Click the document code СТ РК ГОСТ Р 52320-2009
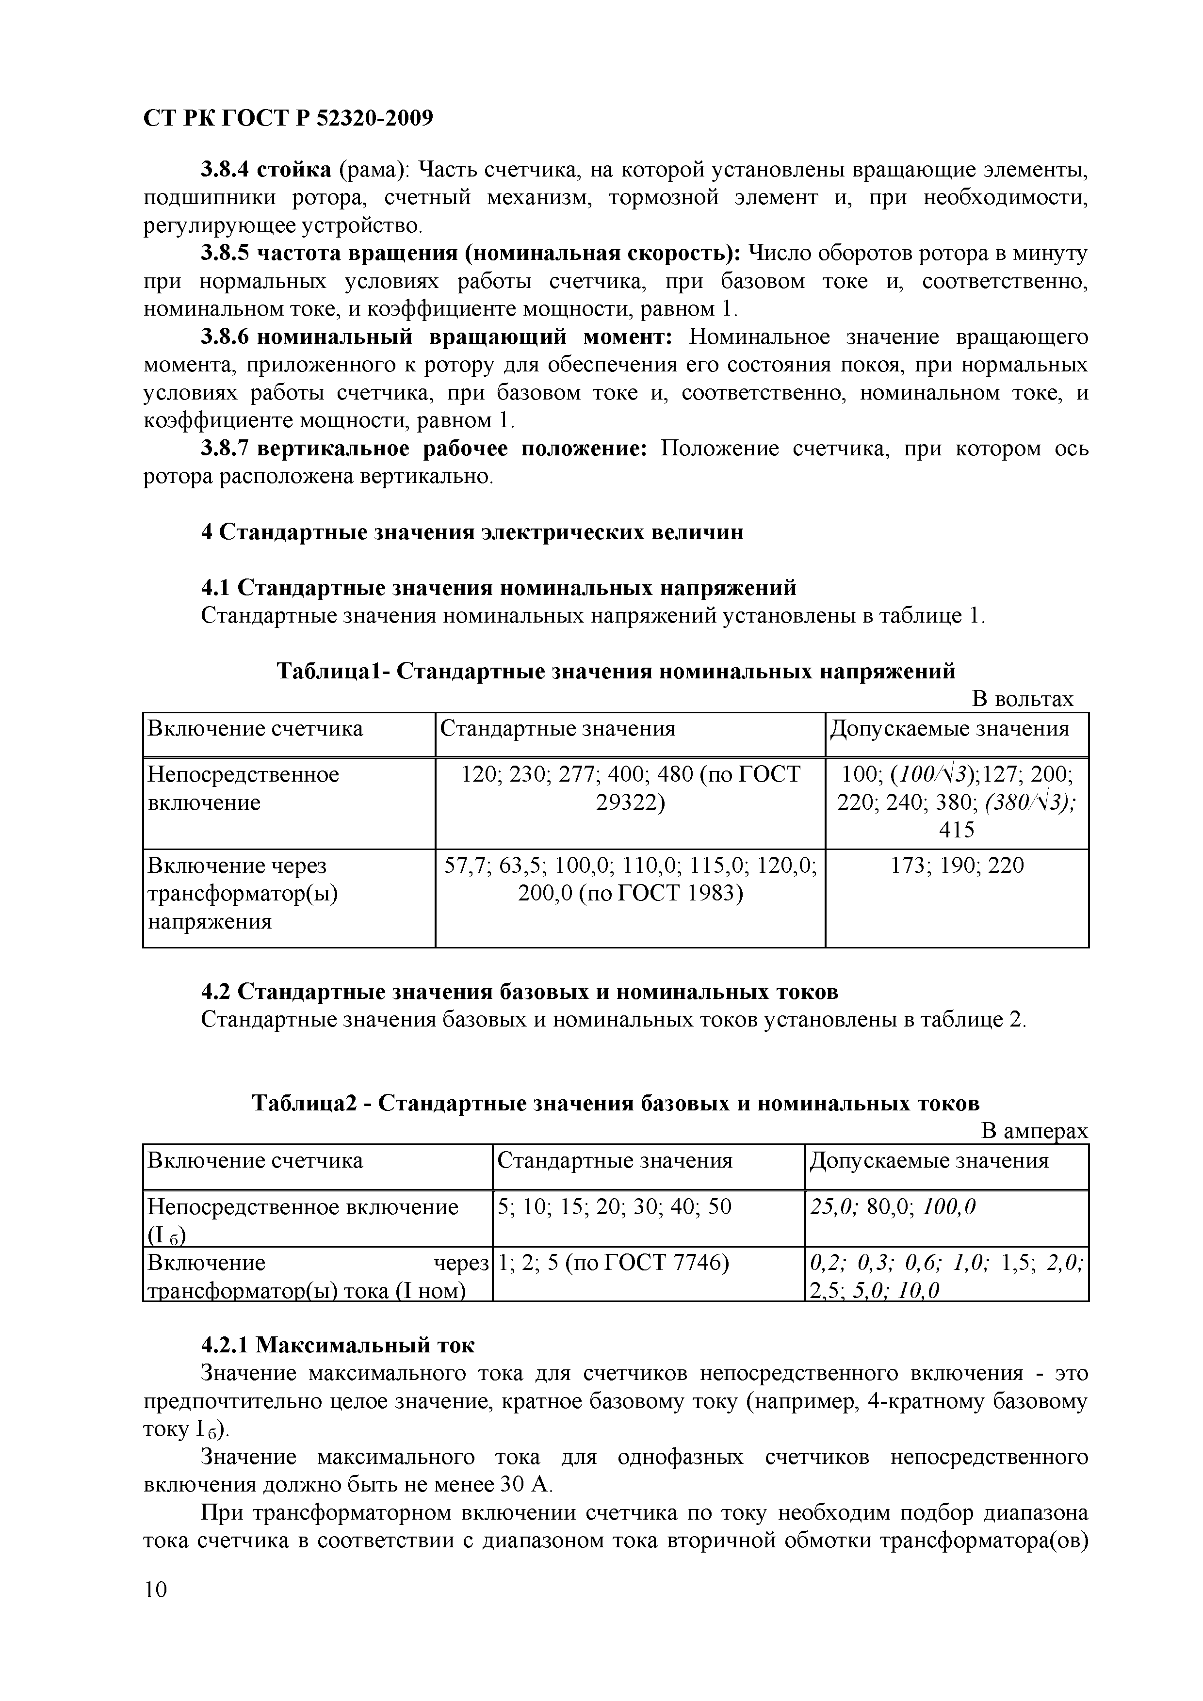tap(288, 118)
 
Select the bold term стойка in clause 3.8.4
tap(294, 170)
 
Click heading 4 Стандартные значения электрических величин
tap(472, 532)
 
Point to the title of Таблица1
tap(615, 671)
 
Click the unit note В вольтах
tap(1022, 699)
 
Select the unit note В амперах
tap(1034, 1131)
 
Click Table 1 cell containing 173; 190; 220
tap(956, 866)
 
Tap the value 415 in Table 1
tap(956, 830)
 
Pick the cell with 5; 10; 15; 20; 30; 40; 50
tap(615, 1207)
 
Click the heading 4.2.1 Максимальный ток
tap(338, 1345)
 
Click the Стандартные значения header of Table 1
tap(557, 729)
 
